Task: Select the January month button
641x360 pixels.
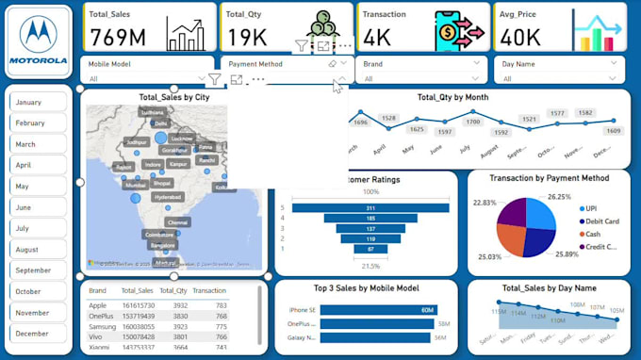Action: [x=39, y=102]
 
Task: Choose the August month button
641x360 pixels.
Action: [x=39, y=250]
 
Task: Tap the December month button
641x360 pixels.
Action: [x=39, y=334]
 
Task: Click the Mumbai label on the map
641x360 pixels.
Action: [x=135, y=185]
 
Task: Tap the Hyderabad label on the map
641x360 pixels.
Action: [x=168, y=197]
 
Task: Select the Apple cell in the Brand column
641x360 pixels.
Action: [x=98, y=305]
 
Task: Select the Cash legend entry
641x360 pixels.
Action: [x=592, y=234]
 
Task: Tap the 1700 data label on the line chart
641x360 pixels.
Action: [x=473, y=122]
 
